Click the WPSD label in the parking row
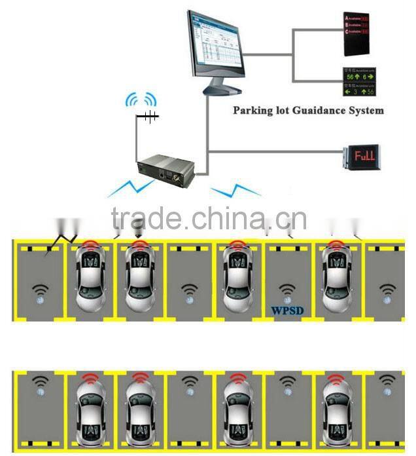coord(286,311)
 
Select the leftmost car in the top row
coord(90,278)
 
